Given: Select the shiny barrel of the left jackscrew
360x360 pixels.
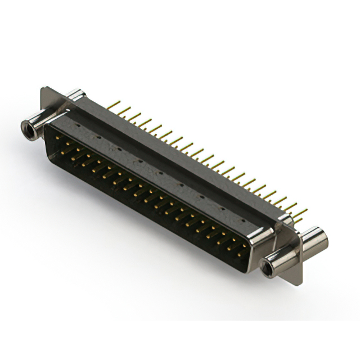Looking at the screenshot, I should pyautogui.click(x=35, y=123).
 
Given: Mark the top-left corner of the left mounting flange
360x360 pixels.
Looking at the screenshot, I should pyautogui.click(x=43, y=89).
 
